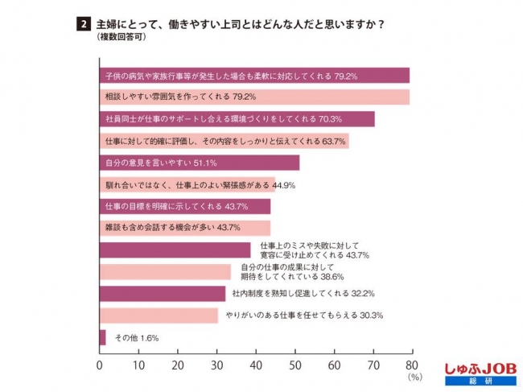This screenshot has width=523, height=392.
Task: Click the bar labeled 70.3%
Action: click(237, 119)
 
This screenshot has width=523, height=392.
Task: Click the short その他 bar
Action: click(102, 337)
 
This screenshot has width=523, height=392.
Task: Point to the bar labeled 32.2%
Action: click(162, 293)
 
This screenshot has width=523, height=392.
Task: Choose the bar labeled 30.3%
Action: click(158, 315)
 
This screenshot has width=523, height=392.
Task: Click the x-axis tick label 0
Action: click(99, 366)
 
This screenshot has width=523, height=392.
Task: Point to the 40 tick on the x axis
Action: click(256, 366)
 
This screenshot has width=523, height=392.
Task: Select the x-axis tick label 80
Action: click(413, 366)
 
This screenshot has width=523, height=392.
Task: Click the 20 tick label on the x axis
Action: click(177, 366)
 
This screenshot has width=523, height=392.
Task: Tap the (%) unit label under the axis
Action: click(414, 377)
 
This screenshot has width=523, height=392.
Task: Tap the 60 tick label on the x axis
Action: click(334, 366)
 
